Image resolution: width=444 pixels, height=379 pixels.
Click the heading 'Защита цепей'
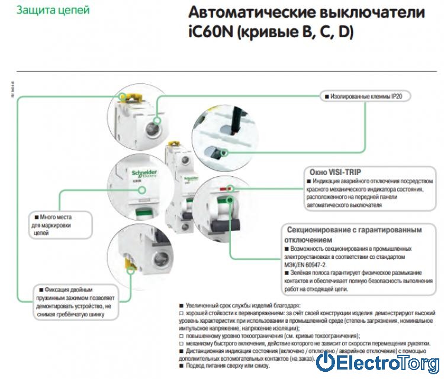point(54,11)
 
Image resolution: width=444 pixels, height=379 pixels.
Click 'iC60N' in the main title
point(207,32)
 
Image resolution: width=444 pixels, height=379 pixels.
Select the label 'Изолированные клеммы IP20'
point(366,95)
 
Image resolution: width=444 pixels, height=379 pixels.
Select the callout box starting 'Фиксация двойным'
point(74,302)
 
